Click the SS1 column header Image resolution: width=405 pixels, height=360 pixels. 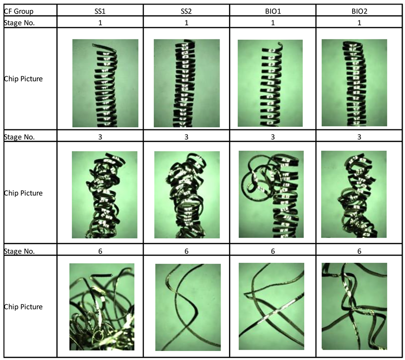pyautogui.click(x=100, y=11)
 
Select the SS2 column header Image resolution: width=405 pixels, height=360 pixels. pyautogui.click(x=186, y=11)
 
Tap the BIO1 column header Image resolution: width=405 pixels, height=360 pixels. pyautogui.click(x=273, y=11)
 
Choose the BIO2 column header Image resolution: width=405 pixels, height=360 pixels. pyautogui.click(x=359, y=11)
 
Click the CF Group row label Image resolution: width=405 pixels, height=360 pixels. pyautogui.click(x=18, y=11)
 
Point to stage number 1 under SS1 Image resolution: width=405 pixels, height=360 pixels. pyautogui.click(x=100, y=23)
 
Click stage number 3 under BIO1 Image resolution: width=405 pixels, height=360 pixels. pyautogui.click(x=273, y=137)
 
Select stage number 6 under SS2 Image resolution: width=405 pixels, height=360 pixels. pyautogui.click(x=186, y=251)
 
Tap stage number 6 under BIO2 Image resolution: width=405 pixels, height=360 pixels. pyautogui.click(x=359, y=251)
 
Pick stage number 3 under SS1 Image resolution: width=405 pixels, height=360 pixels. pyautogui.click(x=100, y=137)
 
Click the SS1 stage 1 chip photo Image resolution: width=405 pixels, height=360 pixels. pyautogui.click(x=105, y=83)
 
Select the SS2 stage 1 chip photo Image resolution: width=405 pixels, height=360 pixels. pyautogui.click(x=187, y=83)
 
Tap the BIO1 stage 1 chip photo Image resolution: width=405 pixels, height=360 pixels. pyautogui.click(x=270, y=83)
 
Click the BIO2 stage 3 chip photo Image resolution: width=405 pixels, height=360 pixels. pyautogui.click(x=354, y=194)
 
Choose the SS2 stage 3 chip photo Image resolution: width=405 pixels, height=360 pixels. pyautogui.click(x=187, y=195)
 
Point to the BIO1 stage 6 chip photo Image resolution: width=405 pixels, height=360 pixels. pyautogui.click(x=271, y=306)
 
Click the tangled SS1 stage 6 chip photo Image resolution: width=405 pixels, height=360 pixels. pyautogui.click(x=102, y=307)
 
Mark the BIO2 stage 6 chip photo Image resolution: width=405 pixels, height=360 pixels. pyautogui.click(x=354, y=306)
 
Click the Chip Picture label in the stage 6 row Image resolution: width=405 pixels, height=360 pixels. pyautogui.click(x=23, y=307)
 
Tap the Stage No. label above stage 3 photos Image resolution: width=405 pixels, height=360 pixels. pyautogui.click(x=19, y=137)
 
